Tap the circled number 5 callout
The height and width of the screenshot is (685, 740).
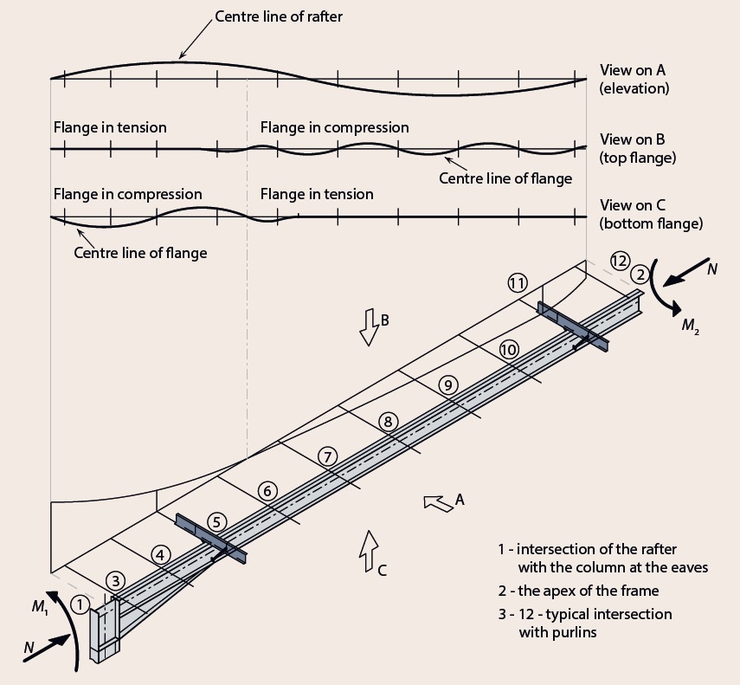pyautogui.click(x=217, y=521)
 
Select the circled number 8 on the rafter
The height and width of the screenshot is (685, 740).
pyautogui.click(x=388, y=422)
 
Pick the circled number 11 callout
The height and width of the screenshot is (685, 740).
pyautogui.click(x=518, y=283)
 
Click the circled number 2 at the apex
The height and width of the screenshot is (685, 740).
pyautogui.click(x=640, y=275)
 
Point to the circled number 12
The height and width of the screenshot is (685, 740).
pyautogui.click(x=619, y=260)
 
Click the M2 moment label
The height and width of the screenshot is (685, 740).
pyautogui.click(x=690, y=326)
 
